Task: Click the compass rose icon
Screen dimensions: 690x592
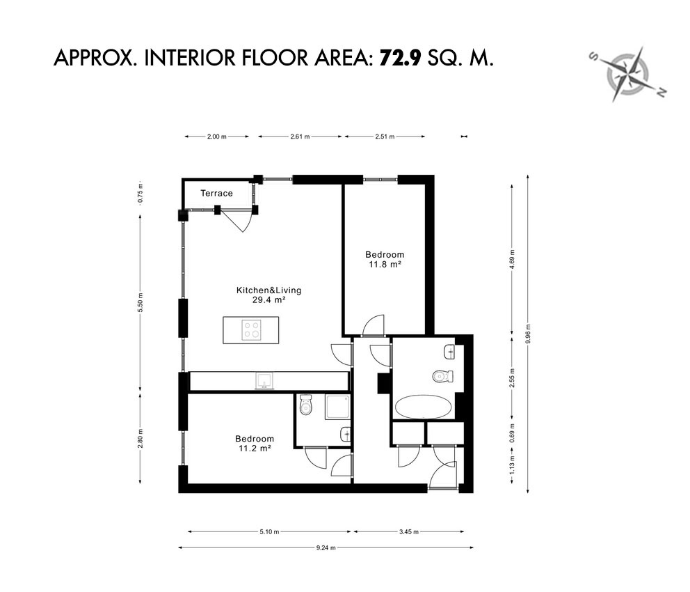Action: (627, 74)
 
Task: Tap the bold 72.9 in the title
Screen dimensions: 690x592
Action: (401, 58)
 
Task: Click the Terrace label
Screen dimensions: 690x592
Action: (216, 193)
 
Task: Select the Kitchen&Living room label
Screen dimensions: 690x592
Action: (269, 290)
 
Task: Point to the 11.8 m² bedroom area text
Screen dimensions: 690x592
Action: (385, 265)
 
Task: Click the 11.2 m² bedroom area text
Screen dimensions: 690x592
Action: (255, 449)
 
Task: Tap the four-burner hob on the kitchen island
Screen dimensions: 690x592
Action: (251, 330)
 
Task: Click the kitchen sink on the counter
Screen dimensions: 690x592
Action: (264, 381)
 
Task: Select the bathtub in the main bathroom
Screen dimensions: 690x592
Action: (424, 407)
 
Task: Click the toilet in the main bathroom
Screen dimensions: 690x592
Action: (442, 377)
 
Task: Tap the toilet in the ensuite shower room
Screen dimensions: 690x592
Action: (305, 405)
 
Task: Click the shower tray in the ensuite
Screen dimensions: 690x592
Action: (338, 407)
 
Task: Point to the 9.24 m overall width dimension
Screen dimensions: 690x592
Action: (326, 548)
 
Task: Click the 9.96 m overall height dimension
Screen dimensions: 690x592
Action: (528, 334)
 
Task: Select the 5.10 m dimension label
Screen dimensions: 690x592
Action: (269, 531)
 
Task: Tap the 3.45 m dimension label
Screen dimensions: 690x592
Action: (409, 531)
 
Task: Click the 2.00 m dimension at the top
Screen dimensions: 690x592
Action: (217, 137)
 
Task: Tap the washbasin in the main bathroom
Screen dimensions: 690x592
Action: (450, 352)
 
